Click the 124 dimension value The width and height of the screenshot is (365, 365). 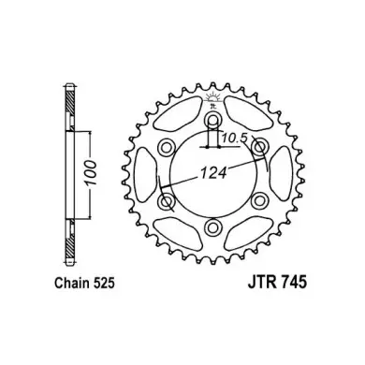coord(213,172)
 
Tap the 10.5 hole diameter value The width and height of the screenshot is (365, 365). coord(234,138)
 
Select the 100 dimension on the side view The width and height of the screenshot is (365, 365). coord(91,173)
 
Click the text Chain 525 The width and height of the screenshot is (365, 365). coord(85,284)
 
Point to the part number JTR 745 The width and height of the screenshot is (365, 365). coord(277,284)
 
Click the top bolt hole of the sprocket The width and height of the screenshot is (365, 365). coord(213,120)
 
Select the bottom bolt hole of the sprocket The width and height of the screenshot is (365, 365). coord(213,226)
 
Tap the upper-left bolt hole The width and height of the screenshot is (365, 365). coord(166,147)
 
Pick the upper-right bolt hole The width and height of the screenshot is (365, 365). coord(260,147)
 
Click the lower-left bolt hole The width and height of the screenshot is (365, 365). coord(167,200)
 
